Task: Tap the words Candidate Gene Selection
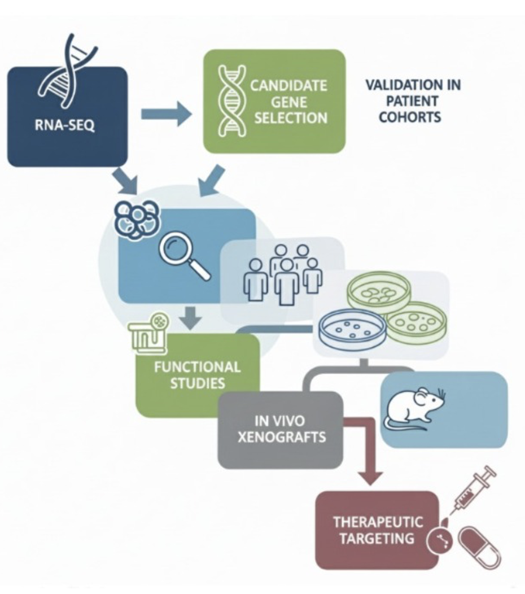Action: pos(288,102)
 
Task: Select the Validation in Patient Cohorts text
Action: pos(413,102)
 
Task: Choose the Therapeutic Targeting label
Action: pos(377,529)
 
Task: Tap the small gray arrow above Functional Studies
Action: pos(193,318)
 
